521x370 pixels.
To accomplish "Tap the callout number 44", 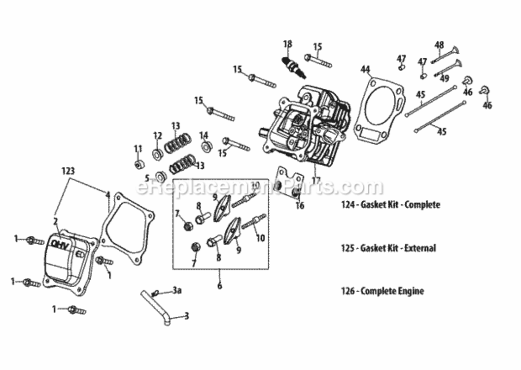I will point(365,70).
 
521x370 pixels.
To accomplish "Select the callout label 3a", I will point(177,291).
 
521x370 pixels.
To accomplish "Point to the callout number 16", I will point(300,206).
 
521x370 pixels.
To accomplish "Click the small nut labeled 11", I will point(139,164).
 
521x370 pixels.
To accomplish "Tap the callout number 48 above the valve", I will point(439,45).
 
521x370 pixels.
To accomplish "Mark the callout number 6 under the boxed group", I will point(219,286).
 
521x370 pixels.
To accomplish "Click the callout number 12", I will point(157,136).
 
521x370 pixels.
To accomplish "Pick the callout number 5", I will point(147,178).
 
